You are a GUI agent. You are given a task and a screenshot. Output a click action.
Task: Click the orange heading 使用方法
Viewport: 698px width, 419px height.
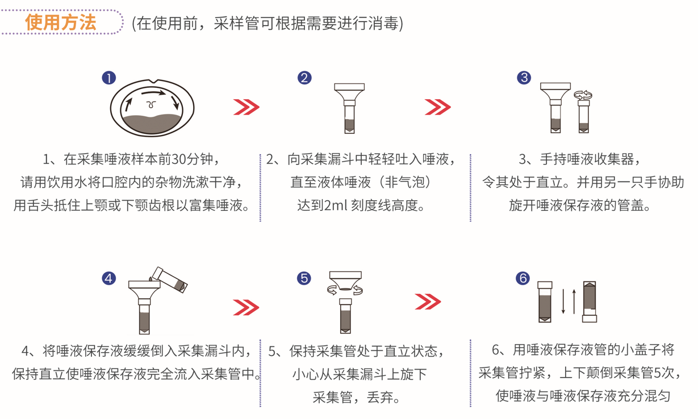coord(61,23)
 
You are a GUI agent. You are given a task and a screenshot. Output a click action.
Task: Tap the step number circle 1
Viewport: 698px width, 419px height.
coord(108,78)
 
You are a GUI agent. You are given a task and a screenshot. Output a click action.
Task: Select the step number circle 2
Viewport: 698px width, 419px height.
coord(304,78)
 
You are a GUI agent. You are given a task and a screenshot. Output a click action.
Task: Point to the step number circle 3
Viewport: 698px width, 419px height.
coord(524,78)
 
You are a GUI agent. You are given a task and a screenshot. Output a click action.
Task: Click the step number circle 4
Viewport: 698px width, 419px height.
coord(108,278)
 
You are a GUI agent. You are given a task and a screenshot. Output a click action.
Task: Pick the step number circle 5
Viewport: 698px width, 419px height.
coord(304,278)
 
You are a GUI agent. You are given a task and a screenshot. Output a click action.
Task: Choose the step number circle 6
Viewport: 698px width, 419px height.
coord(523,278)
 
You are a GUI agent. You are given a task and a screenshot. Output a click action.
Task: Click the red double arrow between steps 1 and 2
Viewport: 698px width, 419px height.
coord(246,107)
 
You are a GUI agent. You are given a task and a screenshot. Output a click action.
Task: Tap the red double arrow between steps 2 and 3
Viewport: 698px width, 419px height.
coord(438,107)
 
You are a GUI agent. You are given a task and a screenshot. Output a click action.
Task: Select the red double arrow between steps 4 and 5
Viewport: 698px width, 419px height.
coord(246,307)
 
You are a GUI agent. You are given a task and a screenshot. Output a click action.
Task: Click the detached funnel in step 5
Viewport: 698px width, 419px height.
coord(345,281)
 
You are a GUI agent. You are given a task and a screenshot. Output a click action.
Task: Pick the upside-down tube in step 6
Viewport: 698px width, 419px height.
coord(590,302)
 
